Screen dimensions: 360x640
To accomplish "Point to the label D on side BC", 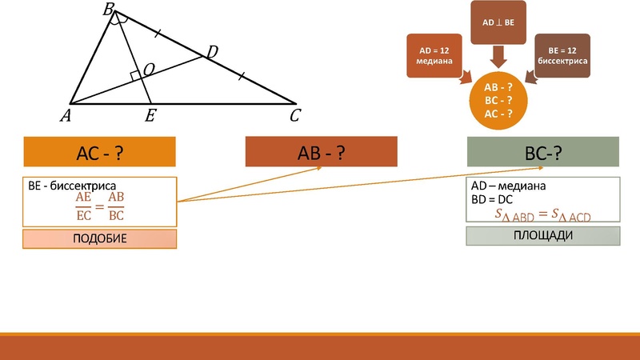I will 211,53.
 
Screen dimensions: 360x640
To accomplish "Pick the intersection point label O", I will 149,71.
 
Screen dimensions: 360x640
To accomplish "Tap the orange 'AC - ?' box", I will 99,152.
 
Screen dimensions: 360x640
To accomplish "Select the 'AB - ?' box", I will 321,152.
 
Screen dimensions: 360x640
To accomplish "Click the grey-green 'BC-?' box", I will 543,152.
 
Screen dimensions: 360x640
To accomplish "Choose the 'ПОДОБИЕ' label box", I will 99,238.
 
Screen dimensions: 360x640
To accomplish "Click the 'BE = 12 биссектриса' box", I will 562,55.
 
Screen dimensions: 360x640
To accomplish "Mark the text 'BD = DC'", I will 492,200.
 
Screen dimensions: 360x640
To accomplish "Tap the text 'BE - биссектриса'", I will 73,186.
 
